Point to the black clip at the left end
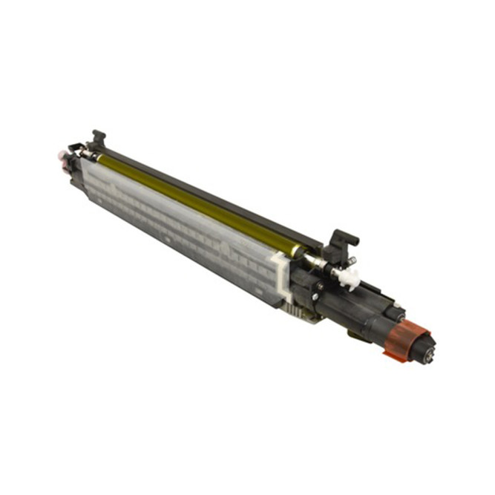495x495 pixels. pos(97,138)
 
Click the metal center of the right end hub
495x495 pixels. pos(428,355)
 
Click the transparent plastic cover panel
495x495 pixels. pos(178,223)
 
